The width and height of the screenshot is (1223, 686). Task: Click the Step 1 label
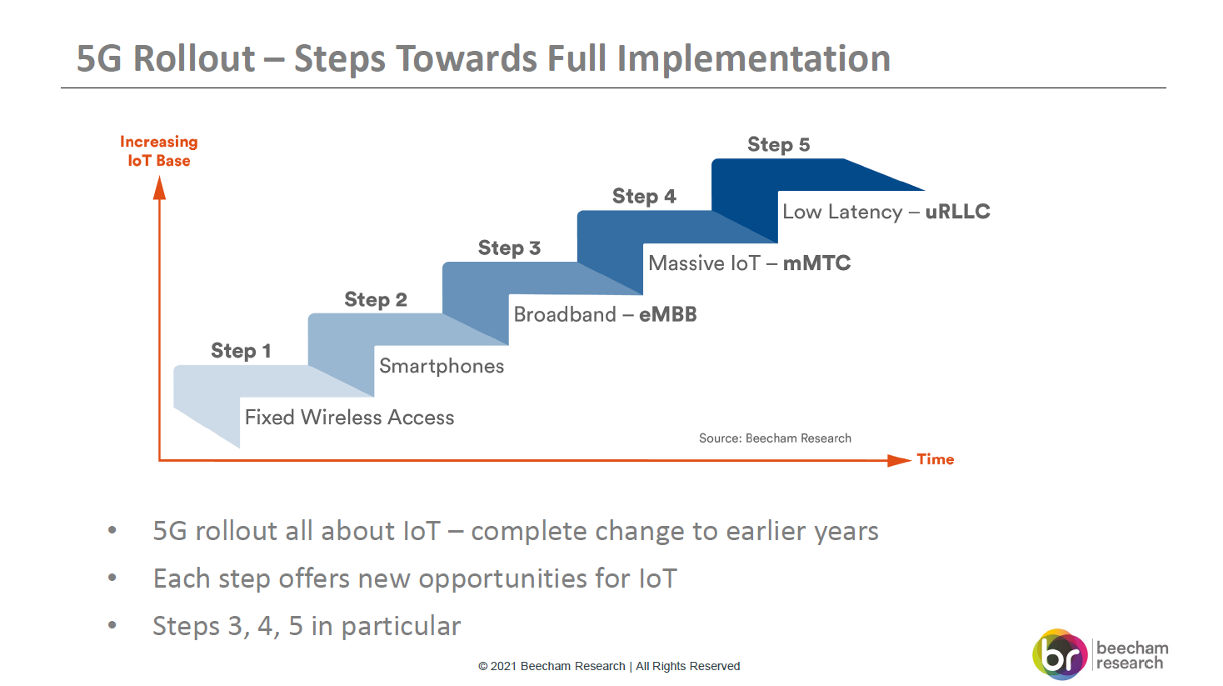point(241,351)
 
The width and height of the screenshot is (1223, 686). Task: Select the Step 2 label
point(376,299)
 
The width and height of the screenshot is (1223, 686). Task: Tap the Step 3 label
point(509,248)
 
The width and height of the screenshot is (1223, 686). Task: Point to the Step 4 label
point(644,196)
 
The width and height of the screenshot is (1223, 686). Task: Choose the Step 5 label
point(779,145)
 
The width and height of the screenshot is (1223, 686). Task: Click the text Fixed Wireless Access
point(349,418)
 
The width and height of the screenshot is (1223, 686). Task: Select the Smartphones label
point(442,366)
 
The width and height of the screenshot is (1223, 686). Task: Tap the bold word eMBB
point(668,314)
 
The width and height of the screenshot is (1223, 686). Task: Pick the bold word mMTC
point(816,263)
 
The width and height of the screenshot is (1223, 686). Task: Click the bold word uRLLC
point(957,212)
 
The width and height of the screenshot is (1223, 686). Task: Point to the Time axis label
point(936,459)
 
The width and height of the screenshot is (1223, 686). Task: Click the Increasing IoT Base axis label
point(159,152)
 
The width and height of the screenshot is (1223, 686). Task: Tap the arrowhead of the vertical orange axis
point(159,188)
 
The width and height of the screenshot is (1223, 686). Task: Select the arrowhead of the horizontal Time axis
point(899,460)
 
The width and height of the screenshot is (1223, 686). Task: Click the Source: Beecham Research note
point(775,438)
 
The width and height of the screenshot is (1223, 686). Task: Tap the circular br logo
point(1060,654)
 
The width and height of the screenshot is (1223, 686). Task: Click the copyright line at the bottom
point(609,666)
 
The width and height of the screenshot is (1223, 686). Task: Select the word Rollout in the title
point(194,58)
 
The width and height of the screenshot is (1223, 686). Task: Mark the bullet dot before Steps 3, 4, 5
point(112,625)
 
